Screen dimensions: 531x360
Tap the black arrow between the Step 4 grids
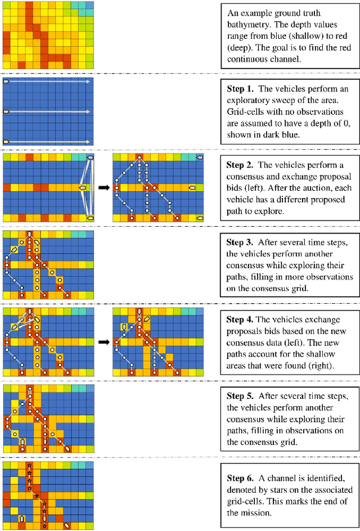coord(104,340)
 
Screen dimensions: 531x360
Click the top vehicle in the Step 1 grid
coord(7,82)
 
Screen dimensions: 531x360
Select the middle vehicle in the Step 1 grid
coord(7,112)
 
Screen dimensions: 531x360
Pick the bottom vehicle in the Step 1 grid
coord(7,142)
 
